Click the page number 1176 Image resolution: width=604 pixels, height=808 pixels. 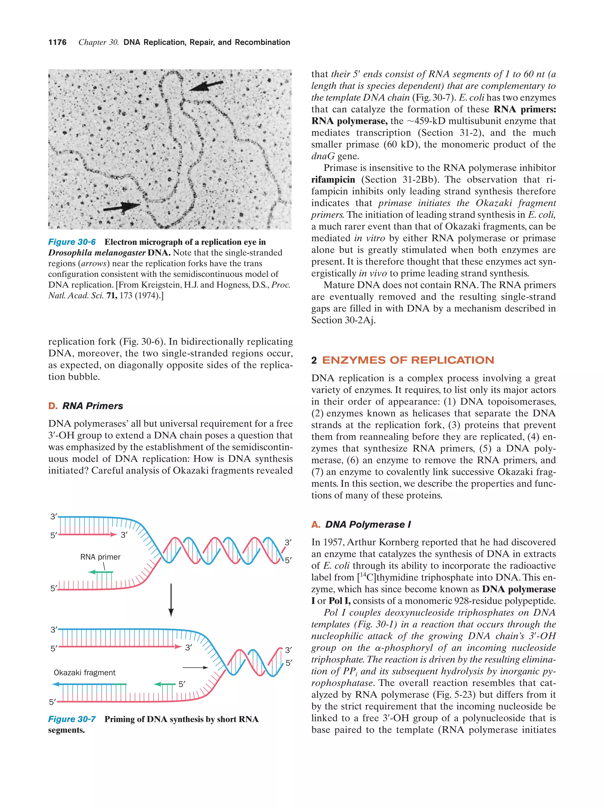(x=58, y=42)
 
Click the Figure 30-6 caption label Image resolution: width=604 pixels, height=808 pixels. (x=72, y=242)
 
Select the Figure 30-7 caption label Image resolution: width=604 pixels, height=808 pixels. (x=72, y=719)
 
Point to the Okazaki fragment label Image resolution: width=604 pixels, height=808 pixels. (x=84, y=672)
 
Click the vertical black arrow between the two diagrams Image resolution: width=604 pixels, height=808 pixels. (x=171, y=599)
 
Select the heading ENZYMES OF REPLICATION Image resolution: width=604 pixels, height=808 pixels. (x=408, y=360)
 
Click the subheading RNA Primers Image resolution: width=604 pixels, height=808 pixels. (x=92, y=406)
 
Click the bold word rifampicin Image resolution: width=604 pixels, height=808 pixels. (x=333, y=180)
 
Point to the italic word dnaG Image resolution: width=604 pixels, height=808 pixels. (x=323, y=156)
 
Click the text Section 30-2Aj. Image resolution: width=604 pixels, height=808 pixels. (x=344, y=320)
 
